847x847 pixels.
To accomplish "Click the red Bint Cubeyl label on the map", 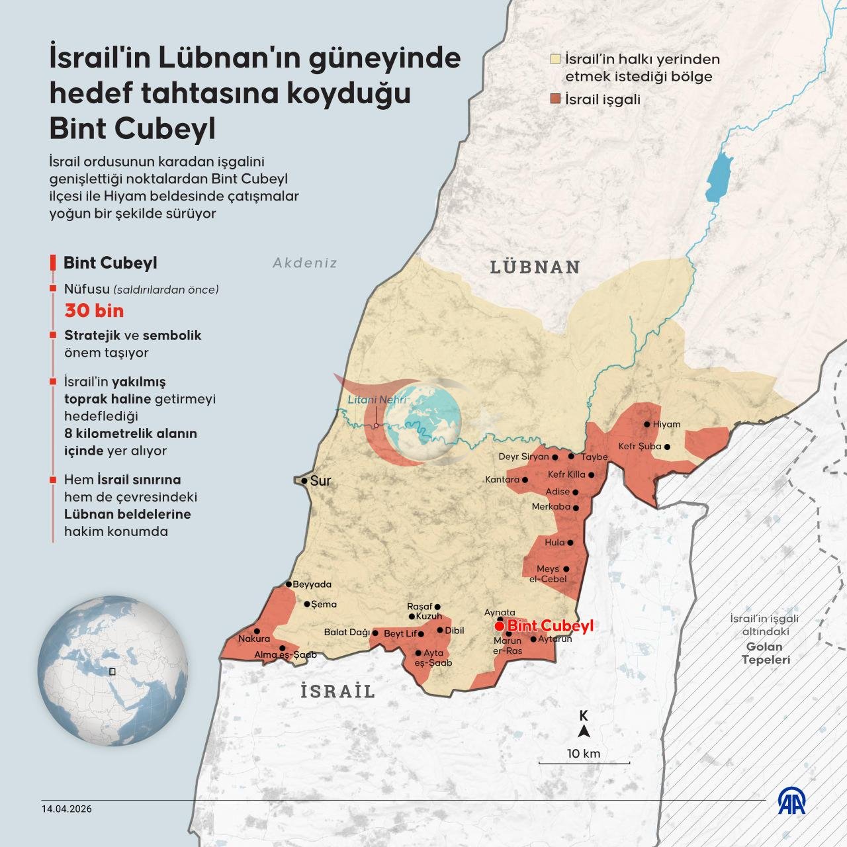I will tap(550, 625).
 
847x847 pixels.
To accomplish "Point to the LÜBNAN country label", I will tap(535, 267).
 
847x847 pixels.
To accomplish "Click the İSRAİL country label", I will tap(337, 691).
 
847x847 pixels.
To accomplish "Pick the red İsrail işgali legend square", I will tap(556, 99).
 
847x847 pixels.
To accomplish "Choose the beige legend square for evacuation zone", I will tap(556, 60).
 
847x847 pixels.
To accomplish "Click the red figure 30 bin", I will tap(94, 310).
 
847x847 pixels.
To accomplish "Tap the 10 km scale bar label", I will tap(583, 753).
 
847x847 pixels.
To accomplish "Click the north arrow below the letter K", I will tap(584, 731).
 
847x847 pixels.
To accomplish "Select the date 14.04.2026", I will tap(67, 809).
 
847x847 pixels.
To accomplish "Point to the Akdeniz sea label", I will tap(305, 263).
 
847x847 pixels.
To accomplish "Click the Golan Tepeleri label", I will tap(765, 653).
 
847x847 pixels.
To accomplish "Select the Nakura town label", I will tap(254, 639).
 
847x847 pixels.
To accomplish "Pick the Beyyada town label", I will tap(312, 584).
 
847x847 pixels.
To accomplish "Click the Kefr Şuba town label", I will tap(639, 446).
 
